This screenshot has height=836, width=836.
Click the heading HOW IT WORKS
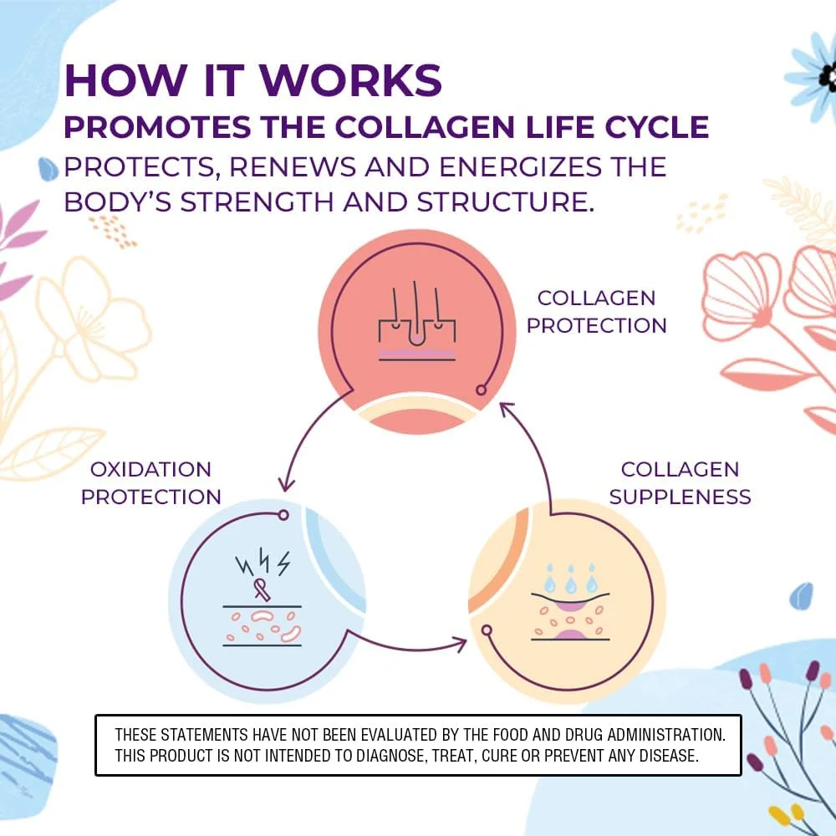[252, 81]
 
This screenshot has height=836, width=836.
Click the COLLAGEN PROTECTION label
[596, 312]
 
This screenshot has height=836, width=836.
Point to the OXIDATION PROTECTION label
[151, 482]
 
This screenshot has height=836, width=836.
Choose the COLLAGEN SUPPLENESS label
[680, 482]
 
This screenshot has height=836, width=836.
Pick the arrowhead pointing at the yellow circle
[459, 643]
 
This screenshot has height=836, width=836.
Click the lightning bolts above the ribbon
[263, 563]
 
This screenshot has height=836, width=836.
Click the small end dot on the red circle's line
[481, 390]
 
